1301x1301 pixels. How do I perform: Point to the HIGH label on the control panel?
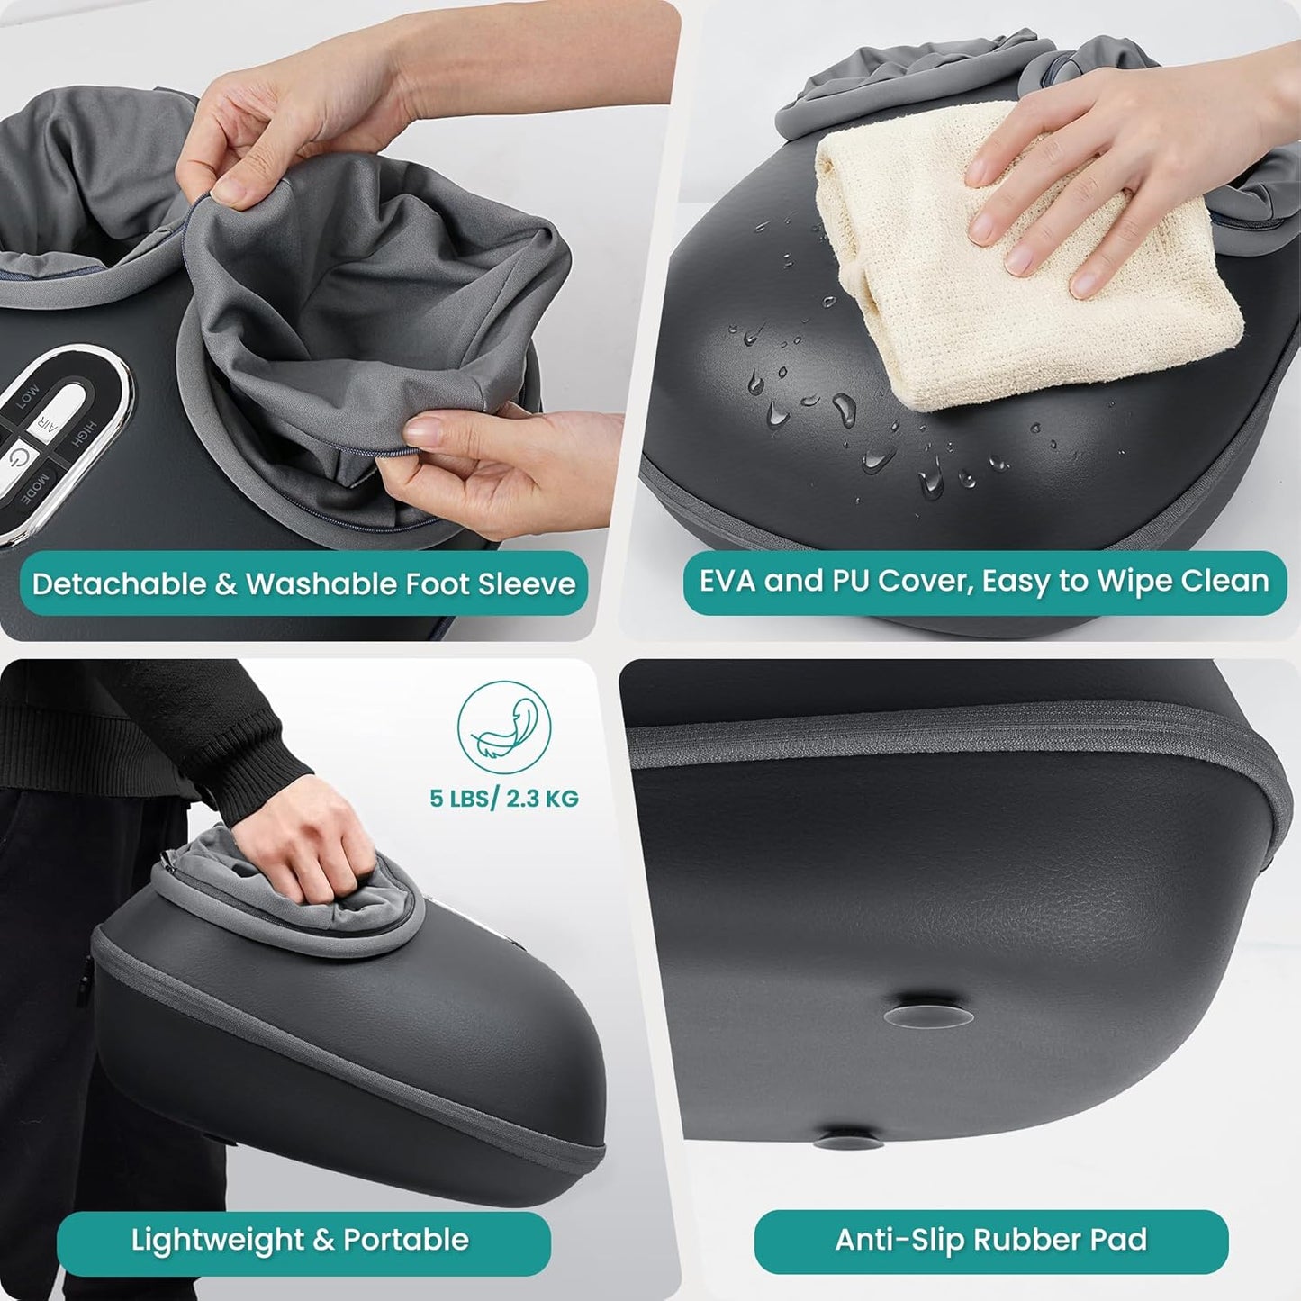pyautogui.click(x=84, y=435)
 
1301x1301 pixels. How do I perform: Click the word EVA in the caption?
pyautogui.click(x=727, y=581)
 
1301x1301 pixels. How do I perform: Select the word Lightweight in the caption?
pyautogui.click(x=218, y=1240)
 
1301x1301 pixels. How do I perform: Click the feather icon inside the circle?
pyautogui.click(x=503, y=727)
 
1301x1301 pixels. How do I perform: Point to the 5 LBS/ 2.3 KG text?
pyautogui.click(x=503, y=799)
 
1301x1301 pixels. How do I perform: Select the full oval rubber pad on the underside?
pyautogui.click(x=929, y=1016)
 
